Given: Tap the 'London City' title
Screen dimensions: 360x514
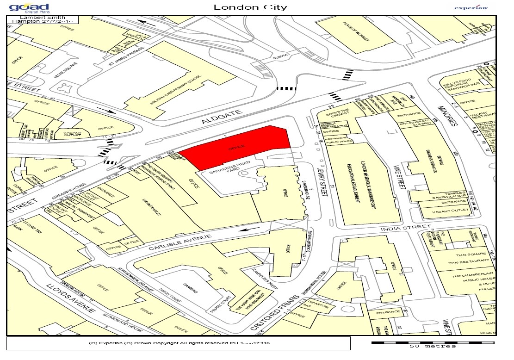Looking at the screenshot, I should point(250,7).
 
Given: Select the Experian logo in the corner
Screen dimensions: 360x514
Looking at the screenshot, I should point(471,7).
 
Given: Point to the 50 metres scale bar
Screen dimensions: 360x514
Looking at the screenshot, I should point(433,343).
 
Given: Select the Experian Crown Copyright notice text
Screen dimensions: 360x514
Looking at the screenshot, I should point(179,343).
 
